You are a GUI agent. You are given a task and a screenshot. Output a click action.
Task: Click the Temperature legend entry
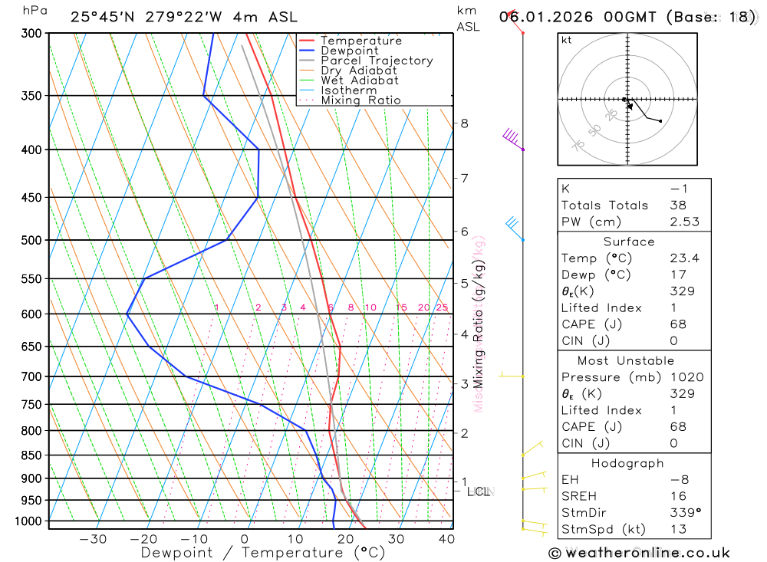pyautogui.click(x=360, y=41)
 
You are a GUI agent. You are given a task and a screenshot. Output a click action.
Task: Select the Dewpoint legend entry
pyautogui.click(x=350, y=51)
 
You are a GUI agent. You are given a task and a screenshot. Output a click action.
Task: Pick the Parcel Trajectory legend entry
pyautogui.click(x=377, y=61)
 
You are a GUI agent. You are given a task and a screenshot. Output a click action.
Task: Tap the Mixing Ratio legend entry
pyautogui.click(x=360, y=100)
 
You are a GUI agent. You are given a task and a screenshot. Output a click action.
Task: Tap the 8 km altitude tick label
pyautogui.click(x=464, y=123)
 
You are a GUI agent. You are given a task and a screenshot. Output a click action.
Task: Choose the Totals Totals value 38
pyautogui.click(x=677, y=205)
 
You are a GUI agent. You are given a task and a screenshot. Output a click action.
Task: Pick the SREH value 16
pyautogui.click(x=677, y=496)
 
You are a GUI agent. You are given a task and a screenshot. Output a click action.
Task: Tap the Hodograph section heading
pyautogui.click(x=628, y=463)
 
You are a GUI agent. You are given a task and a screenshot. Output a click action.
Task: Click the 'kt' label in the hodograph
pyautogui.click(x=567, y=40)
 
